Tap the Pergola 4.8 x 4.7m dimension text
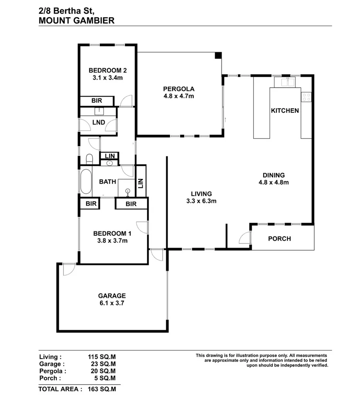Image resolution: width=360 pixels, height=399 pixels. click(179, 96)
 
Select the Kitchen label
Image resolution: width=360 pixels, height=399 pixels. click(285, 110)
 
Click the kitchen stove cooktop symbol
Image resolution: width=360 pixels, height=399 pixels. click(306, 97)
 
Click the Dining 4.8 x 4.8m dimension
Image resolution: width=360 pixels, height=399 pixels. click(274, 182)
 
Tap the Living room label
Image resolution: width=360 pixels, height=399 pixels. click(201, 194)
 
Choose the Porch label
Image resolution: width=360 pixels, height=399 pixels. click(279, 239)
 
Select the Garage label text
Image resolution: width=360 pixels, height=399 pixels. click(112, 296)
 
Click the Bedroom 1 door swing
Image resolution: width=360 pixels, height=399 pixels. click(142, 227)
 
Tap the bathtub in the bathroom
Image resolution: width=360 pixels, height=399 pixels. click(85, 182)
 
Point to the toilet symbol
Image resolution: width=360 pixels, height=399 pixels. click(89, 159)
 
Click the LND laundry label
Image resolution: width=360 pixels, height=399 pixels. click(99, 122)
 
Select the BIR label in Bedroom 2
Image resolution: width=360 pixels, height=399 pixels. click(97, 101)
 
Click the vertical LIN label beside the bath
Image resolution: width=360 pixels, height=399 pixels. click(140, 183)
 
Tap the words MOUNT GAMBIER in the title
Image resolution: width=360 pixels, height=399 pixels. click(77, 21)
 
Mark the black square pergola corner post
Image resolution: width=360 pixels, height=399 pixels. click(218, 55)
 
